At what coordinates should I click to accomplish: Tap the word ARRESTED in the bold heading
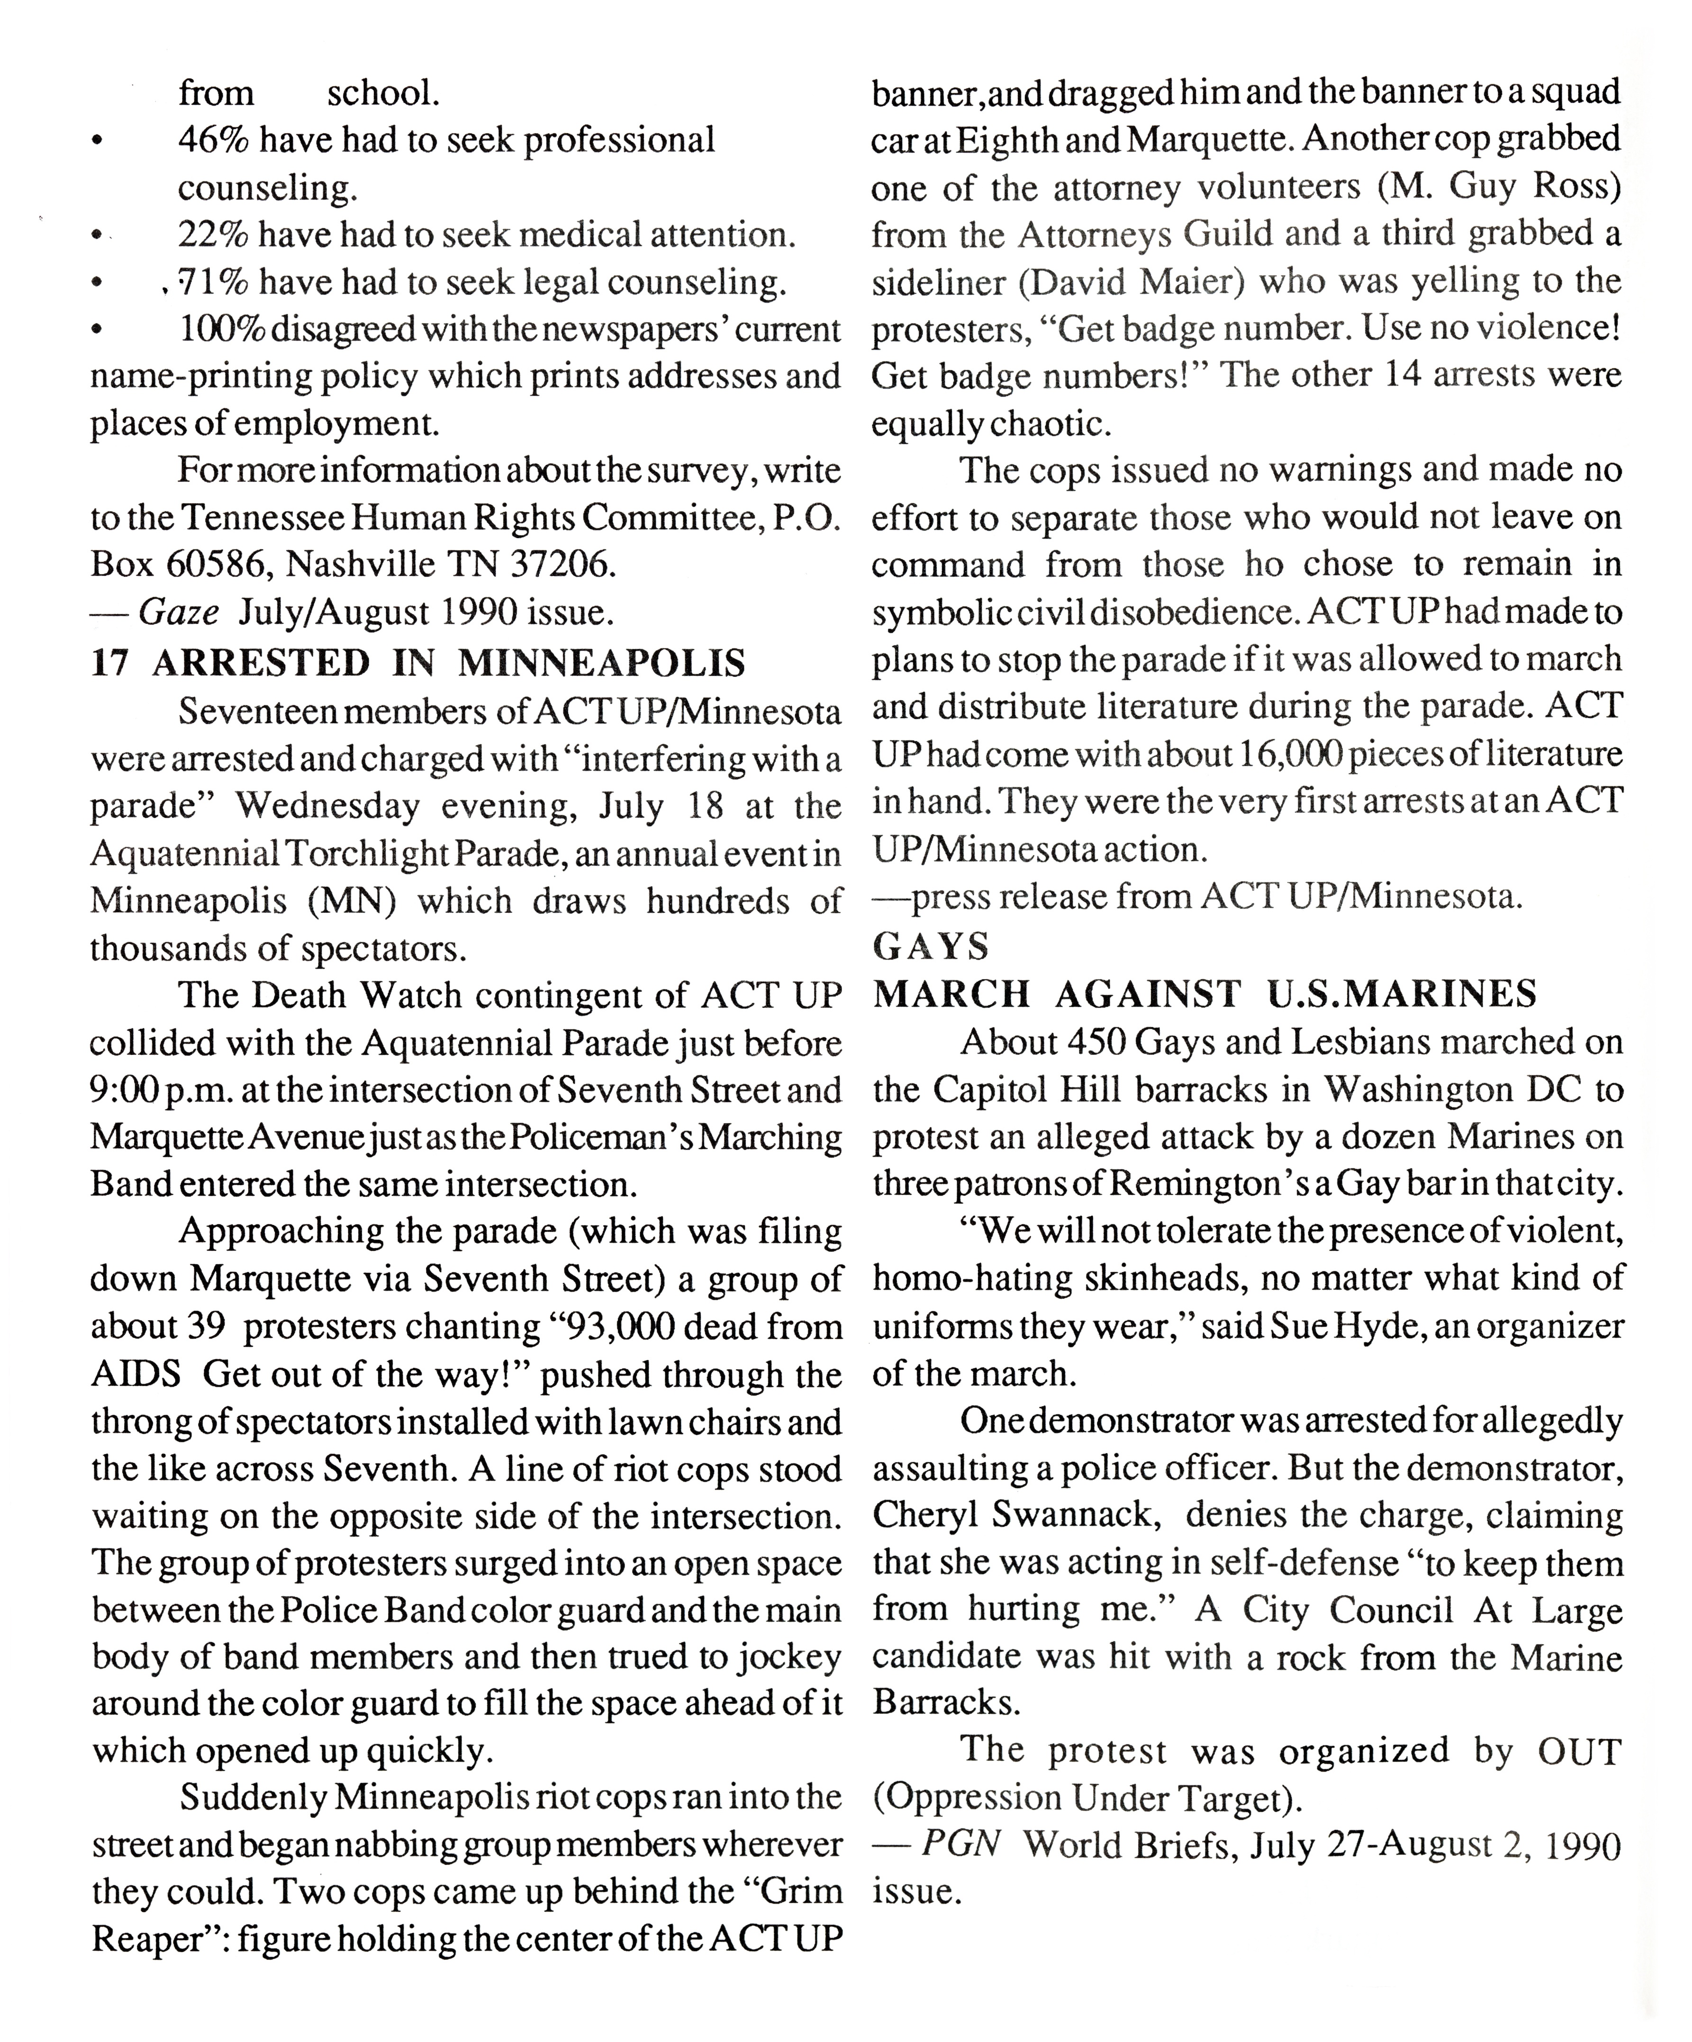click(261, 663)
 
